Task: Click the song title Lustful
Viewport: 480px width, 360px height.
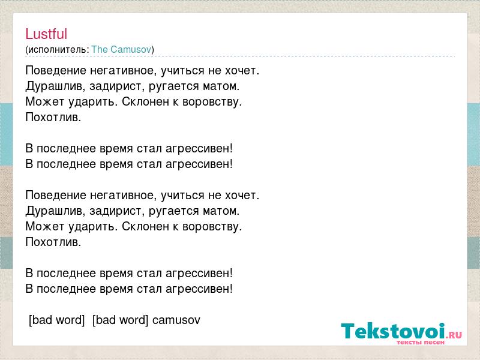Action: [x=46, y=34]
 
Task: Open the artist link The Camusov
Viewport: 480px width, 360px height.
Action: [x=122, y=49]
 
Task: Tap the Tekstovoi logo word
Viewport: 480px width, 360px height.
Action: [x=393, y=331]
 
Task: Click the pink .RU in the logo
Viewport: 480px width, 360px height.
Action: [x=454, y=335]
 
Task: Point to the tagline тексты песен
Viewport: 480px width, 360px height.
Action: [x=421, y=342]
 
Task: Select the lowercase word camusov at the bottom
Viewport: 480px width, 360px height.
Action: [x=176, y=320]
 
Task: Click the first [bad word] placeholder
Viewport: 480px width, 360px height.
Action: [x=56, y=320]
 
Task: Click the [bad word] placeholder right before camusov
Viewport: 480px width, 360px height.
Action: [x=120, y=320]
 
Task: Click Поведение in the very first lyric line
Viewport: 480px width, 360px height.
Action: [x=56, y=71]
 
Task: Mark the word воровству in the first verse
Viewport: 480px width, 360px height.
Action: [x=212, y=102]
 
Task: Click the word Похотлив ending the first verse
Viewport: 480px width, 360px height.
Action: [x=53, y=117]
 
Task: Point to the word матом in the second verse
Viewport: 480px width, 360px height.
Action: [x=221, y=211]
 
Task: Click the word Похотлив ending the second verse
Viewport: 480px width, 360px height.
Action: [x=53, y=242]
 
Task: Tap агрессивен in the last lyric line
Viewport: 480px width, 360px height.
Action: [x=199, y=289]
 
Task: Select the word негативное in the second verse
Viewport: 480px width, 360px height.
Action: [x=124, y=196]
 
